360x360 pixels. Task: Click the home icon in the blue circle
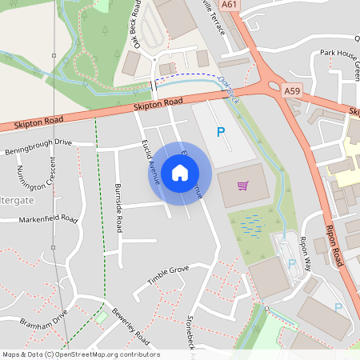(180, 172)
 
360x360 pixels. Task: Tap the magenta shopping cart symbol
(243, 186)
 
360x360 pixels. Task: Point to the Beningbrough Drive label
(38, 146)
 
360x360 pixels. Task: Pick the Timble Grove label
(168, 274)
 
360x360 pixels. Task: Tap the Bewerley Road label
(130, 322)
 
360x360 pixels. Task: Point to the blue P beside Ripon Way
(291, 263)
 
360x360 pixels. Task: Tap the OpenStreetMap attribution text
(80, 354)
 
